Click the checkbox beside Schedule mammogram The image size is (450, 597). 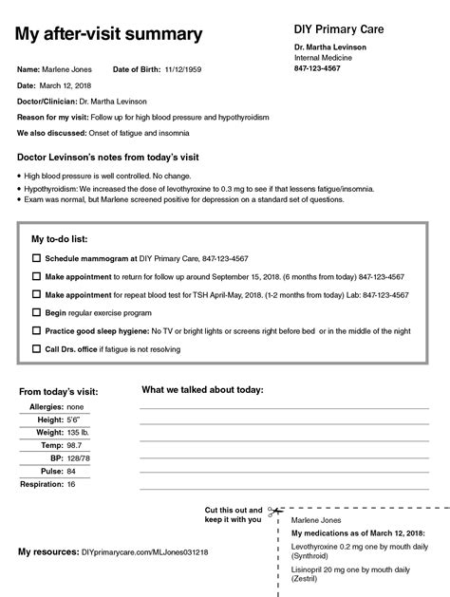pos(37,258)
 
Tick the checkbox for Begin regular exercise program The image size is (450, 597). pos(37,312)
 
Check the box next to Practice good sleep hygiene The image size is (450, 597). pos(37,330)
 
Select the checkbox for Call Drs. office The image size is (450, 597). pos(37,348)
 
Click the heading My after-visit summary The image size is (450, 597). pos(109,35)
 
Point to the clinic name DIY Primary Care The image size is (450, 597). pos(338,28)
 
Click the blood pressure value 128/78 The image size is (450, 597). pos(79,457)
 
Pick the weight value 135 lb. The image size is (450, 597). pos(79,432)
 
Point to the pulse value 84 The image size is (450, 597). pos(72,471)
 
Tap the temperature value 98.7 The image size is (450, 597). pos(75,445)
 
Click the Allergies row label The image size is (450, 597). pos(46,406)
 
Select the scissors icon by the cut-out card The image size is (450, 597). pos(272,513)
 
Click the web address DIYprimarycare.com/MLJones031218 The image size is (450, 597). pos(144,551)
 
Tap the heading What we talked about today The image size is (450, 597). pos(202,389)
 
